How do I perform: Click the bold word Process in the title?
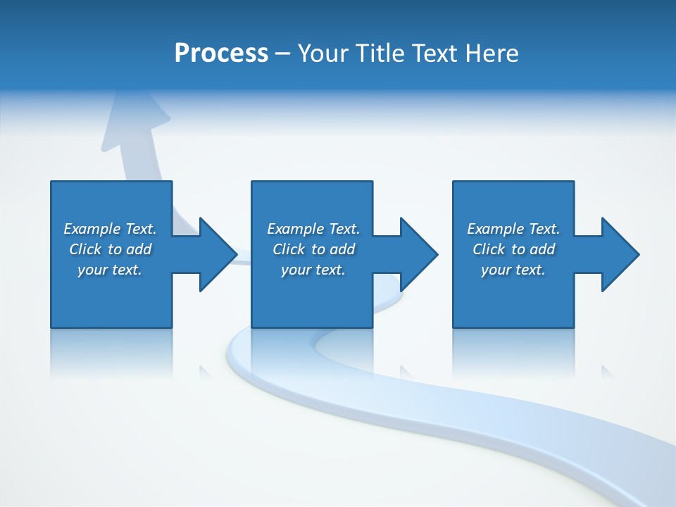point(221,54)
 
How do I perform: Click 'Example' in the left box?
point(92,229)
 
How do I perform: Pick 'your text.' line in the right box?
point(513,270)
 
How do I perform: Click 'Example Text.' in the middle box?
point(313,229)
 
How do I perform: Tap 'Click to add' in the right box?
point(513,249)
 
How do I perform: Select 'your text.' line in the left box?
point(110,270)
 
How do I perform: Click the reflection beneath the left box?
point(111,352)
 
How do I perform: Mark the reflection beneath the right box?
point(513,352)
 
